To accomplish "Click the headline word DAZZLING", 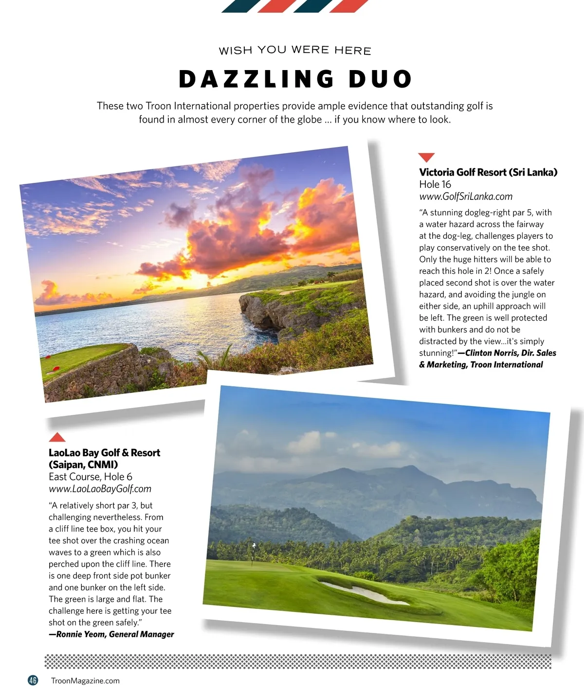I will (256, 79).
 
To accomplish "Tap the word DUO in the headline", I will (381, 79).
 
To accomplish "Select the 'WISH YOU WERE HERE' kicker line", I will (295, 51).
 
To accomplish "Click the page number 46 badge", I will (33, 680).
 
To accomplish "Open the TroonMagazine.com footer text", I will (85, 681).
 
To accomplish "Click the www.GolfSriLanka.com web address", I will (466, 197).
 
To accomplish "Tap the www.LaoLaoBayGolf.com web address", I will (100, 489).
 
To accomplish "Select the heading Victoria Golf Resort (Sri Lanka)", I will (488, 172).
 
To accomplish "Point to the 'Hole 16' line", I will (435, 184).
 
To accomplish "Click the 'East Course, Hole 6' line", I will (91, 477).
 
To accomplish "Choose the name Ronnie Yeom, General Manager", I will (115, 634).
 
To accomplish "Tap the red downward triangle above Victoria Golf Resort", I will (426, 157).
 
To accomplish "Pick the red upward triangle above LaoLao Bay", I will (57, 437).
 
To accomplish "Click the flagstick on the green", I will (253, 553).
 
